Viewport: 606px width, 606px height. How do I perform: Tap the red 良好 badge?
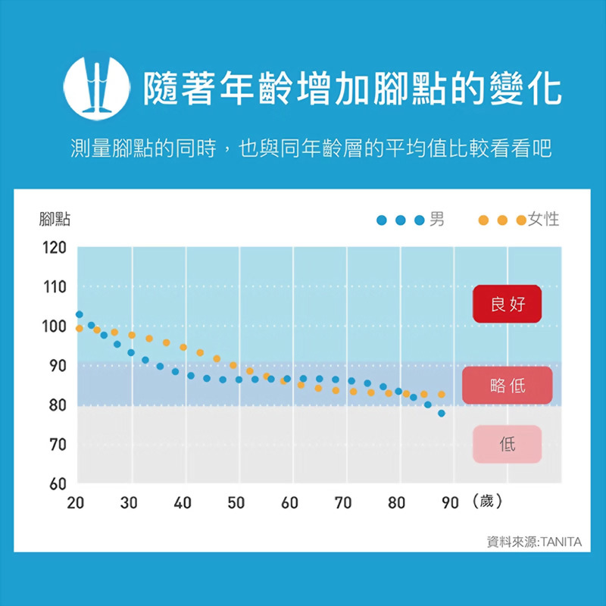tap(507, 305)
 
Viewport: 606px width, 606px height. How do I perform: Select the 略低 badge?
tap(507, 386)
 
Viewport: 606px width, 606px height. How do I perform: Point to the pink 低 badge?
tap(507, 444)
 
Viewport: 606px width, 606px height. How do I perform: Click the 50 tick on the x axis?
tap(236, 503)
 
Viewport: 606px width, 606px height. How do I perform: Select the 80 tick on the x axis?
tap(396, 503)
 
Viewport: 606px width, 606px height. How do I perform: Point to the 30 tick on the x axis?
tap(129, 503)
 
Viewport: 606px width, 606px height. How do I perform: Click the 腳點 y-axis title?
tap(55, 220)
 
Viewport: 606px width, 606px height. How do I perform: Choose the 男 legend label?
tap(437, 220)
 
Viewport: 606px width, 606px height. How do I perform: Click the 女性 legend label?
tap(543, 220)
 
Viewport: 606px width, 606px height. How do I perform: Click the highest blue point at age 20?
tap(79, 314)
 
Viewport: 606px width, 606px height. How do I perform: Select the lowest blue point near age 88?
tap(441, 414)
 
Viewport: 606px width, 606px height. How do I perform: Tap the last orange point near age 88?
tap(441, 395)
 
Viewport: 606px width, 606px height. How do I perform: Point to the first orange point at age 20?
tap(79, 328)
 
